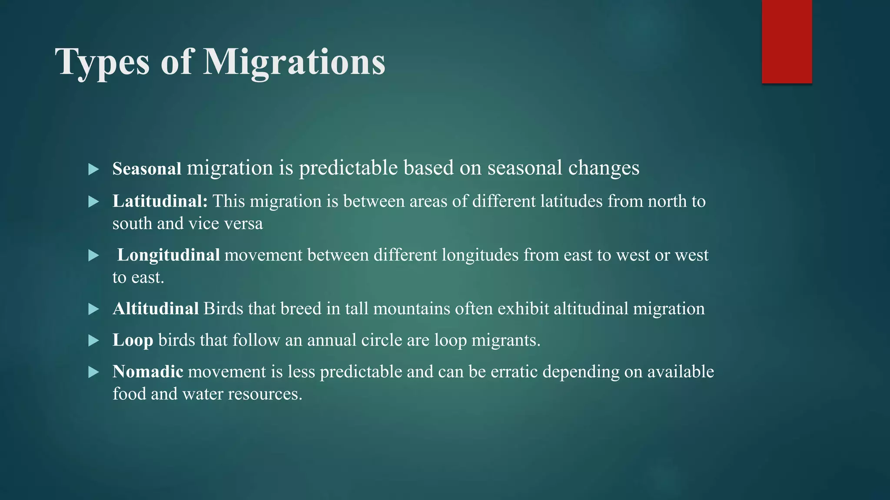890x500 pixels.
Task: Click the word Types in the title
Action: click(x=102, y=62)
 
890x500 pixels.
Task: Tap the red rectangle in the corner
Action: click(x=787, y=42)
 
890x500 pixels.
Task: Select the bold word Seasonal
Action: click(x=146, y=169)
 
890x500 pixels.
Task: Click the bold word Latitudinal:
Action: click(x=160, y=201)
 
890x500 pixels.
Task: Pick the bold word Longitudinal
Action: click(x=168, y=255)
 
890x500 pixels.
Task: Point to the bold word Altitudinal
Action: click(x=156, y=309)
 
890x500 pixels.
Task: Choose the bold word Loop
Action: click(x=133, y=340)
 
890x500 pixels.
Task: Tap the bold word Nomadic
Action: click(x=148, y=372)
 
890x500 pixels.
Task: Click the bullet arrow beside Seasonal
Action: click(x=93, y=169)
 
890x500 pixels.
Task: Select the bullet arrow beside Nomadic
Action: click(x=93, y=372)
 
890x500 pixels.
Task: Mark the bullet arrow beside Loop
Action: click(x=93, y=341)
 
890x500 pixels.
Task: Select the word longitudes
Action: click(x=480, y=255)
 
